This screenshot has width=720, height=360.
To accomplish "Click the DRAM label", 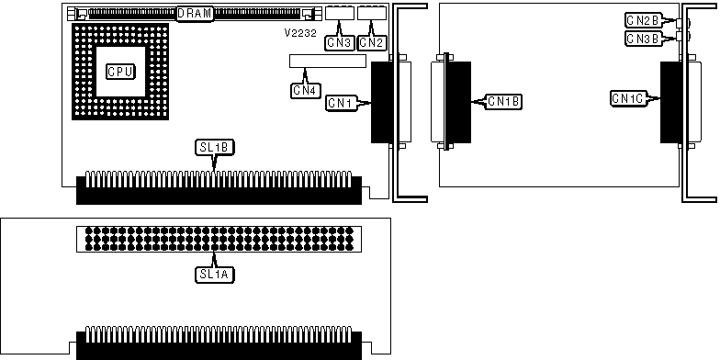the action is [x=195, y=13].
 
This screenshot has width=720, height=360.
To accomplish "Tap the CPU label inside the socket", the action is [x=120, y=72].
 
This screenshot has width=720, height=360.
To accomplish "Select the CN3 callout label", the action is [x=339, y=42].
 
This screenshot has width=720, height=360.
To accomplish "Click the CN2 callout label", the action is [x=372, y=42].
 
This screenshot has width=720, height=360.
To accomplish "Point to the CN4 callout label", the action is [x=305, y=90].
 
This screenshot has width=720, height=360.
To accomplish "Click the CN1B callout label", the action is [x=503, y=101].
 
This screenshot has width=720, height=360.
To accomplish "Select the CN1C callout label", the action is [x=628, y=97].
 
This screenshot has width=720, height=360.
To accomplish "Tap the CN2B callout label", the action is [x=643, y=20].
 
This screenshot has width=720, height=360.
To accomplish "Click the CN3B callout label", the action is [x=643, y=39].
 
